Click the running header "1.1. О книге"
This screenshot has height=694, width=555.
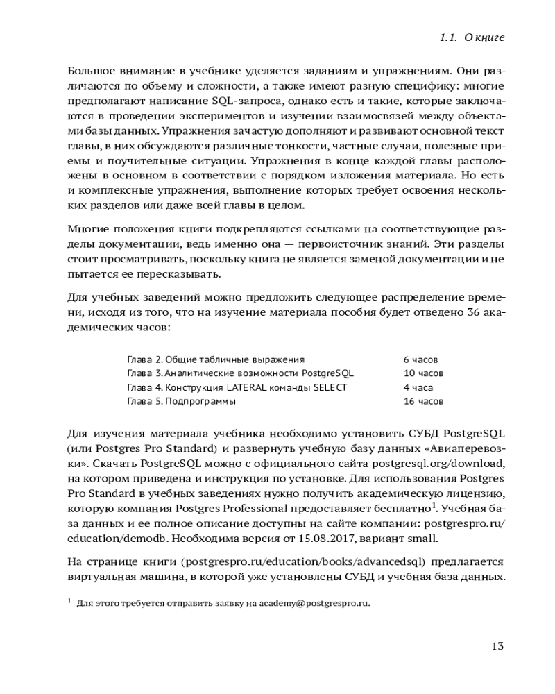pyautogui.click(x=472, y=37)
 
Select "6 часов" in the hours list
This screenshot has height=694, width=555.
pyautogui.click(x=420, y=359)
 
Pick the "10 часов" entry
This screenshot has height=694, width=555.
pyautogui.click(x=423, y=373)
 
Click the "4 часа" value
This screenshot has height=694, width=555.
pyautogui.click(x=418, y=387)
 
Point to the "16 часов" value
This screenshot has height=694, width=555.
pyautogui.click(x=423, y=401)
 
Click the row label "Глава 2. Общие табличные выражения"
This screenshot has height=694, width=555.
pyautogui.click(x=216, y=359)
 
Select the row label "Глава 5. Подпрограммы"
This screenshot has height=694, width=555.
pyautogui.click(x=182, y=401)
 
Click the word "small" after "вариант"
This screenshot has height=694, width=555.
pyautogui.click(x=422, y=539)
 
